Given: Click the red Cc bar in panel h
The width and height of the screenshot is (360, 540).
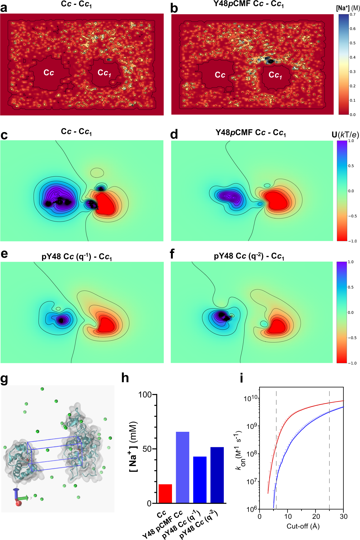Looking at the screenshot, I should point(165,493).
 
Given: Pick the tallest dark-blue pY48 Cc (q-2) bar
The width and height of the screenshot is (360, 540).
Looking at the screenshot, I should point(217,475).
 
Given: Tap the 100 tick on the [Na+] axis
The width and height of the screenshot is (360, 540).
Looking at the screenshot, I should point(145,395).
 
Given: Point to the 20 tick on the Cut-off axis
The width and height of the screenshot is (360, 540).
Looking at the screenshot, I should point(316,517).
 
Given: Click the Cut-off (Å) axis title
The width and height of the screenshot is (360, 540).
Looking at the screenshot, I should point(303,526).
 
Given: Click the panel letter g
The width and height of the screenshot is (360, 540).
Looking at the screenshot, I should point(4,379).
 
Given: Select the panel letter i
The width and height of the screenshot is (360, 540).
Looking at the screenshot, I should point(241,378).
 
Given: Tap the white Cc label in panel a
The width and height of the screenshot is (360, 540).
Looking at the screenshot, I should point(49,73).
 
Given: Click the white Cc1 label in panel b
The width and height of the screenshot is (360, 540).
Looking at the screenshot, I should point(275,75).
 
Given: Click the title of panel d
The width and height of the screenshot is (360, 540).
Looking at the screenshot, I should point(250,133).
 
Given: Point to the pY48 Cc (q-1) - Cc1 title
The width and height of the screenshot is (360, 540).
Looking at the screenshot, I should point(77,257).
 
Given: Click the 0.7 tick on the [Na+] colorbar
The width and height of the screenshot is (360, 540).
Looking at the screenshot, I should point(353,15).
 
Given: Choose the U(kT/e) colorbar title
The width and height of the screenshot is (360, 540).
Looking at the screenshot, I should point(345,135).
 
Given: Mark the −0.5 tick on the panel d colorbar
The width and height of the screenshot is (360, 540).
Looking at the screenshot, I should point(352,216).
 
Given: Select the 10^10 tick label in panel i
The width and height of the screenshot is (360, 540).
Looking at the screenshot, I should point(251,398).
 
